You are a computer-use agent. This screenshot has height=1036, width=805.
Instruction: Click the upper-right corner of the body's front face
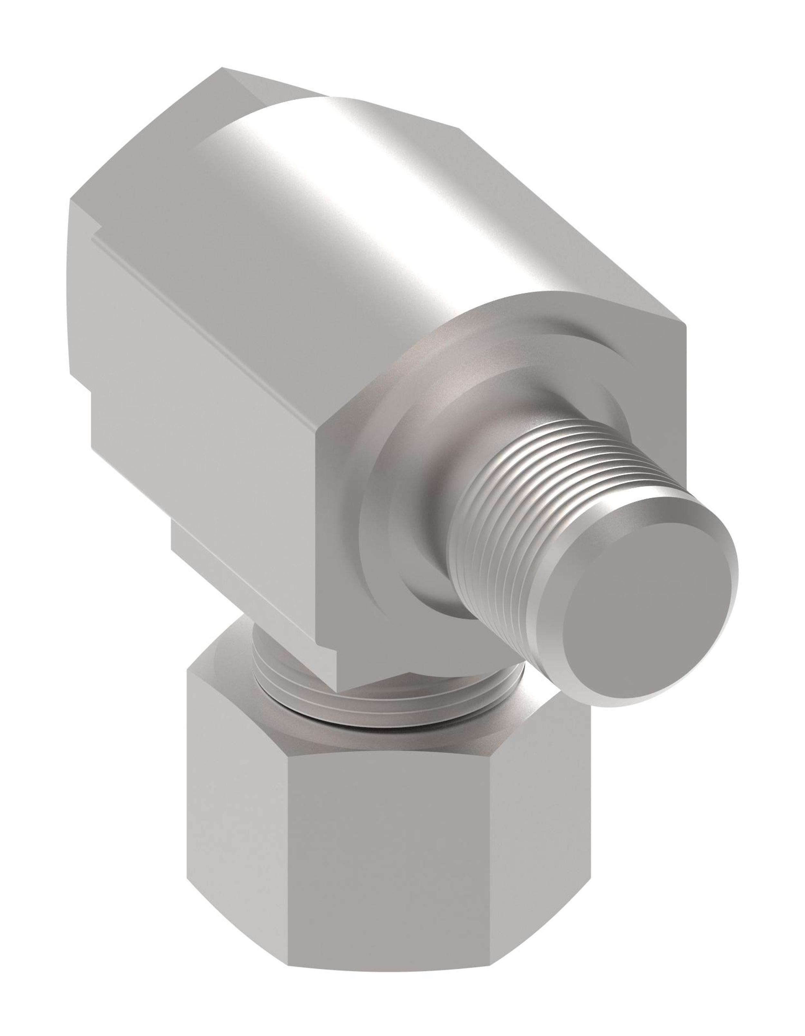click(x=683, y=327)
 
